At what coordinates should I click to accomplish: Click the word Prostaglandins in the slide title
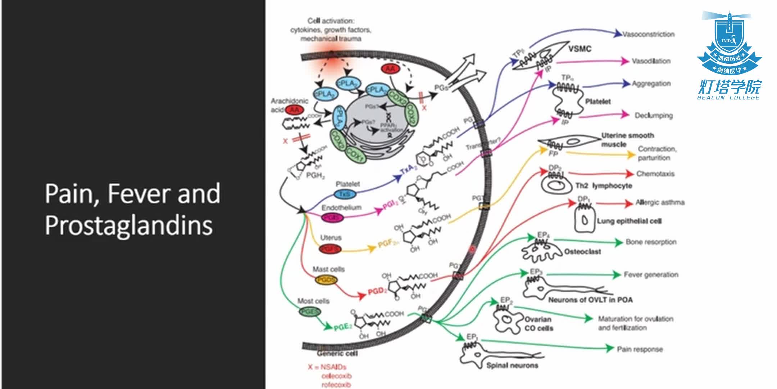[x=129, y=225]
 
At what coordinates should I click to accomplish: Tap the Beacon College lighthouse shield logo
[x=729, y=43]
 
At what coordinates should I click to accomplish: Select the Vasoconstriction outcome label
[x=648, y=34]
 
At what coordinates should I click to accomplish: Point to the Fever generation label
[x=651, y=275]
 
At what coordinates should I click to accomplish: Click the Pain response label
[x=640, y=349]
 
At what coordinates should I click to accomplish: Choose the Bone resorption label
[x=651, y=242]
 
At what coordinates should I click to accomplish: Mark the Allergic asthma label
[x=660, y=202]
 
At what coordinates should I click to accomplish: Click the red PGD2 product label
[x=377, y=291]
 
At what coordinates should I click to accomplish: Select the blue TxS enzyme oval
[x=345, y=194]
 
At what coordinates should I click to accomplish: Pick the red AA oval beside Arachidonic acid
[x=295, y=110]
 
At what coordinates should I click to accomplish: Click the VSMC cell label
[x=580, y=49]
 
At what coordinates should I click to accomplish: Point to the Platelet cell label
[x=597, y=102]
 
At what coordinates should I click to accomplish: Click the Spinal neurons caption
[x=512, y=365]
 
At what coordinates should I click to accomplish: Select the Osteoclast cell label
[x=582, y=251]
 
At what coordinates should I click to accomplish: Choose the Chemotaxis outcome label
[x=655, y=174]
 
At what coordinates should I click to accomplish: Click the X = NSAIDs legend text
[x=327, y=367]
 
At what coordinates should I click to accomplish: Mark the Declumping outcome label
[x=653, y=116]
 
